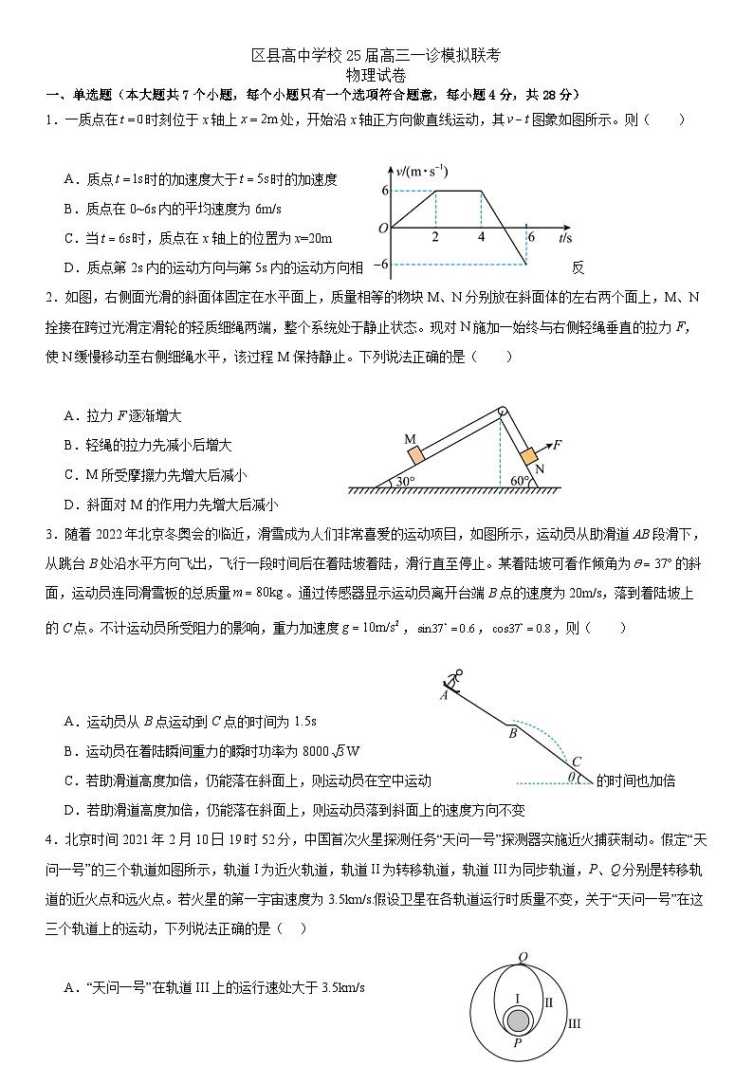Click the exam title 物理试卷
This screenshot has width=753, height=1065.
tap(376, 75)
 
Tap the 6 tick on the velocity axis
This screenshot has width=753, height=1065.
tap(385, 191)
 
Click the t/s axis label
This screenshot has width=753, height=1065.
tap(565, 237)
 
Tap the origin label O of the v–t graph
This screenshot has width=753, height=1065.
tap(382, 229)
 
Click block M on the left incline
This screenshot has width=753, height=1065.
tap(415, 455)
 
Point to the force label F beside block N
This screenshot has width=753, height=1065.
tap(558, 443)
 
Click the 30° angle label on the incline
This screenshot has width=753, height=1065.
tap(405, 481)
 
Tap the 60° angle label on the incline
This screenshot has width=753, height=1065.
tap(521, 481)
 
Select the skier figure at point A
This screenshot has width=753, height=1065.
tap(454, 681)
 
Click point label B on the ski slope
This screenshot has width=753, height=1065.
tap(512, 733)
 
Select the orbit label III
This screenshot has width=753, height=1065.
tap(574, 1023)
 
